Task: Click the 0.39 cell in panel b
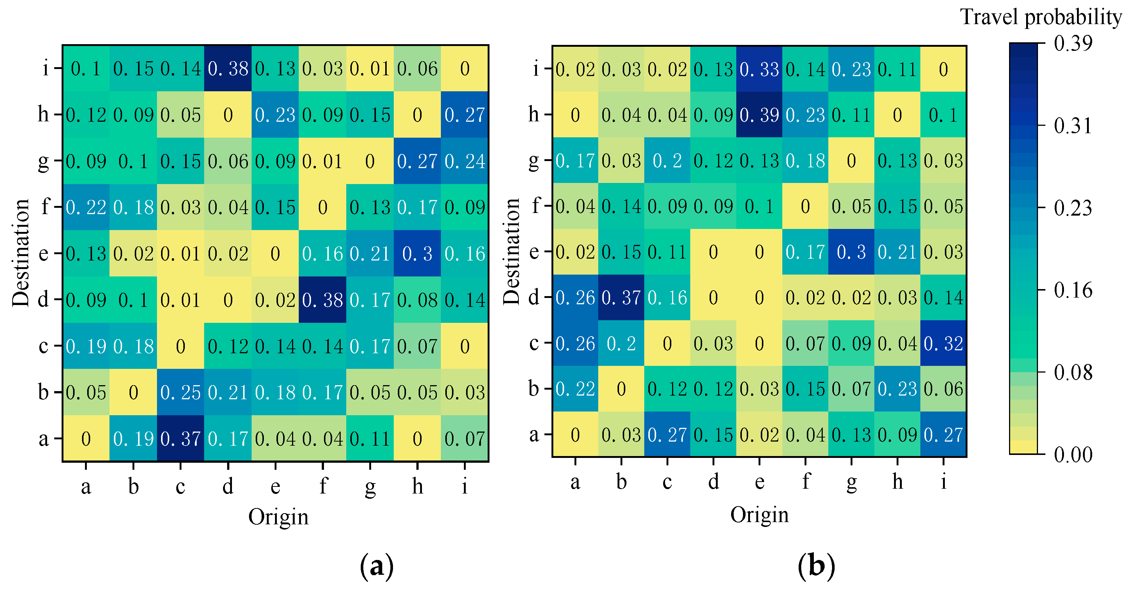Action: tap(759, 115)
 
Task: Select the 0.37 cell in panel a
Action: tap(180, 438)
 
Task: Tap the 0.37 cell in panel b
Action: tap(620, 298)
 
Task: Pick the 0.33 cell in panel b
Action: tap(759, 69)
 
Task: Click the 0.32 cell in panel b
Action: tap(943, 343)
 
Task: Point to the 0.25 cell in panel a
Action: tap(180, 392)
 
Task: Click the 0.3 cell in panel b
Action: tap(851, 252)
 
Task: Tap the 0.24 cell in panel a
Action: tap(465, 161)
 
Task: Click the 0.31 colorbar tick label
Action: tap(1072, 126)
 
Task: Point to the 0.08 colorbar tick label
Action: tap(1072, 373)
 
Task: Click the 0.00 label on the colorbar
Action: tap(1072, 455)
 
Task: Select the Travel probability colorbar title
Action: tap(1041, 17)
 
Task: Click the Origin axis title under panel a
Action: tap(278, 516)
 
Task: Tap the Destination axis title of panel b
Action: tap(511, 252)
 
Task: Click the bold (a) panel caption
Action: tap(377, 566)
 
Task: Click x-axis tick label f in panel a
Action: tap(323, 486)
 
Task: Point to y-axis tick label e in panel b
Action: tap(534, 252)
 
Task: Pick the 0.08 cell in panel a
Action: tap(417, 300)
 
